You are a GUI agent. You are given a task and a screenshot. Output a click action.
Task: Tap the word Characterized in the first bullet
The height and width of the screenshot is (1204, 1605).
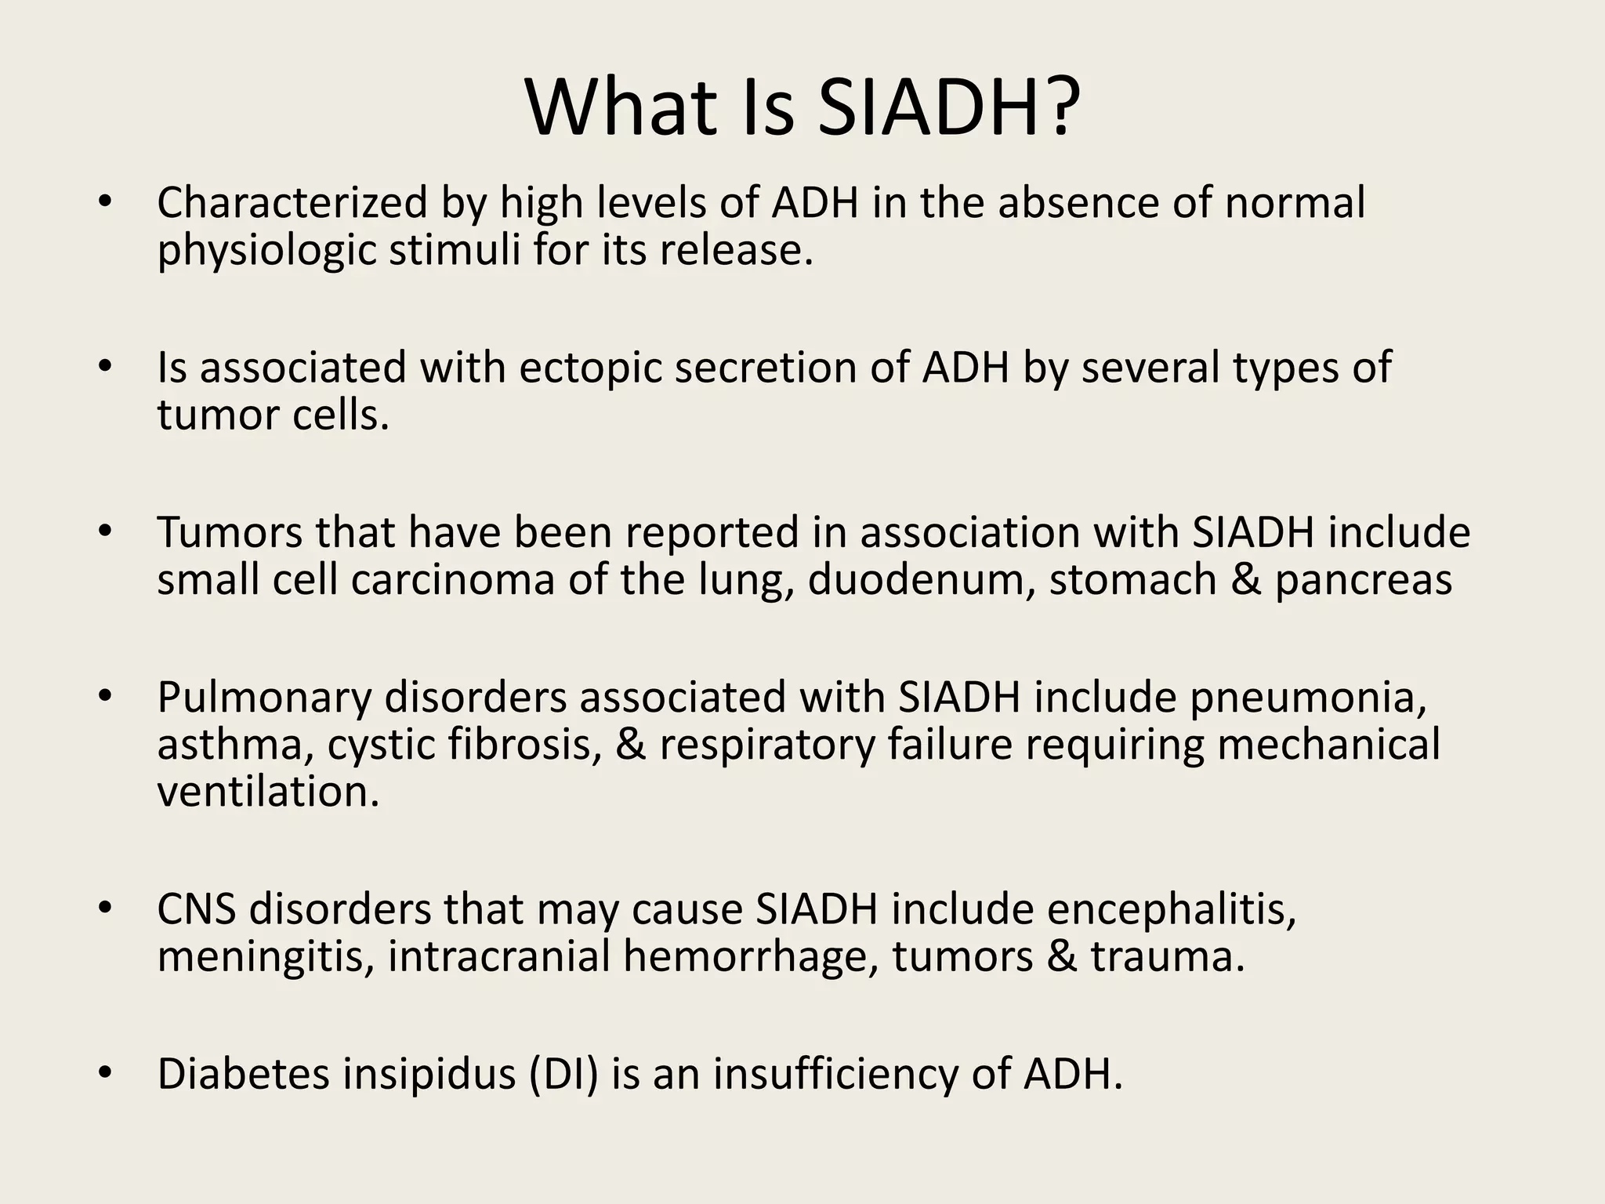pos(292,202)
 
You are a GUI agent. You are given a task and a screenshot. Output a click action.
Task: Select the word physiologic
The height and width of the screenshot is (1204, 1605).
pos(267,251)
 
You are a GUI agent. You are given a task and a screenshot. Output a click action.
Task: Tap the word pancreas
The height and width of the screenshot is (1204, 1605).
pos(1364,582)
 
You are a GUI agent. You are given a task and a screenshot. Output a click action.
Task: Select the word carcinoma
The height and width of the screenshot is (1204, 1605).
pos(453,580)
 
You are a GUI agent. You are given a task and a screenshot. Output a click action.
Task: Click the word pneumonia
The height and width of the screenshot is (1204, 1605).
pos(1308,698)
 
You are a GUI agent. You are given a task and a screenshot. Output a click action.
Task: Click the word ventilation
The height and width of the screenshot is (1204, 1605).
pos(268,792)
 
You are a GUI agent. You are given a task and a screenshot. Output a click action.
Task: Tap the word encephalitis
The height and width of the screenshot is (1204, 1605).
pos(1172,909)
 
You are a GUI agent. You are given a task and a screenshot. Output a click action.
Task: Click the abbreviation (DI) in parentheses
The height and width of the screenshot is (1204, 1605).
pos(563,1074)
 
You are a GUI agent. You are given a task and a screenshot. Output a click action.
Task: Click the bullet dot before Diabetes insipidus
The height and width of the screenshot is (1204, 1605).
pos(106,1072)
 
